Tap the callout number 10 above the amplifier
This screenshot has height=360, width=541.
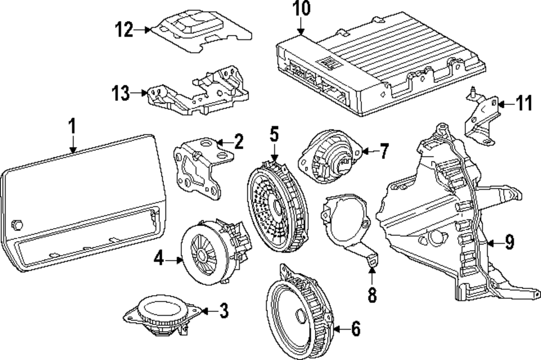click(x=301, y=10)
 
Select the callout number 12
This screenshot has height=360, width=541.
click(x=124, y=30)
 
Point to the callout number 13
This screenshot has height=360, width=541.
click(x=121, y=94)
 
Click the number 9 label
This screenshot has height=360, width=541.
click(x=509, y=243)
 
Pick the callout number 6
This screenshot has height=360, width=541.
click(x=355, y=328)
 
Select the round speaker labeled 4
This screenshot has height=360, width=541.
click(x=208, y=250)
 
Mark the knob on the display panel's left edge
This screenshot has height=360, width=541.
click(x=17, y=224)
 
